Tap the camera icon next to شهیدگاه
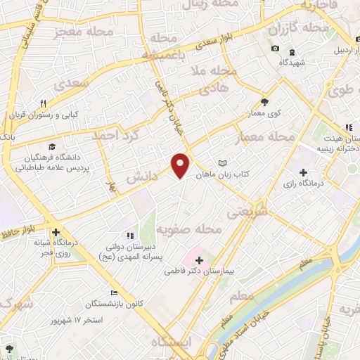pyautogui.click(x=275, y=49)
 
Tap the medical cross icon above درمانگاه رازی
pyautogui.click(x=303, y=172)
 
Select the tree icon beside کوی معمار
pyautogui.click(x=264, y=101)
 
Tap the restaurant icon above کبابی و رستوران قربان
pyautogui.click(x=43, y=103)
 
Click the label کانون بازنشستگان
pyautogui.click(x=91, y=304)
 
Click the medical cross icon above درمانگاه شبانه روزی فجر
pyautogui.click(x=55, y=233)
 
